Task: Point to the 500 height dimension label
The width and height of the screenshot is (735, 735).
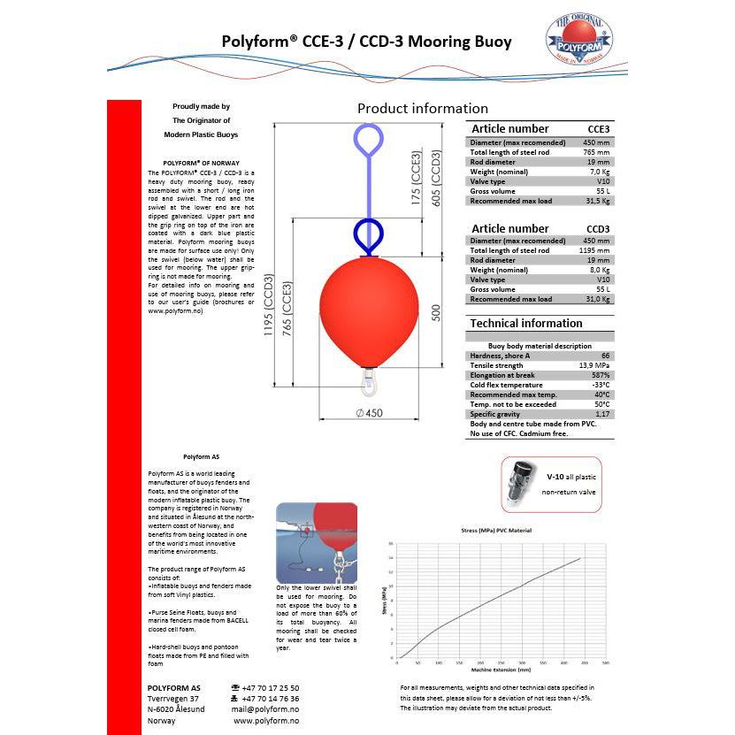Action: click(435, 314)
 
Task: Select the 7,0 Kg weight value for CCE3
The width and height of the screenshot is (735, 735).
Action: click(598, 171)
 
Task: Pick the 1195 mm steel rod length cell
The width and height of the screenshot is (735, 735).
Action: click(594, 250)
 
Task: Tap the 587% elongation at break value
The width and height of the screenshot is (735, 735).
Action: click(600, 375)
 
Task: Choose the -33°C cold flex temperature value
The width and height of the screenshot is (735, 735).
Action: click(599, 385)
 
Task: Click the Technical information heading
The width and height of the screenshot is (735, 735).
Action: click(526, 324)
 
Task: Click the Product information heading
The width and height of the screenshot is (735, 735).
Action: click(422, 109)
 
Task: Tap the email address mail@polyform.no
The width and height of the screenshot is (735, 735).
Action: click(266, 709)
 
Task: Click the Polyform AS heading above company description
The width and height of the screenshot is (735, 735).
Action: click(195, 457)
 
